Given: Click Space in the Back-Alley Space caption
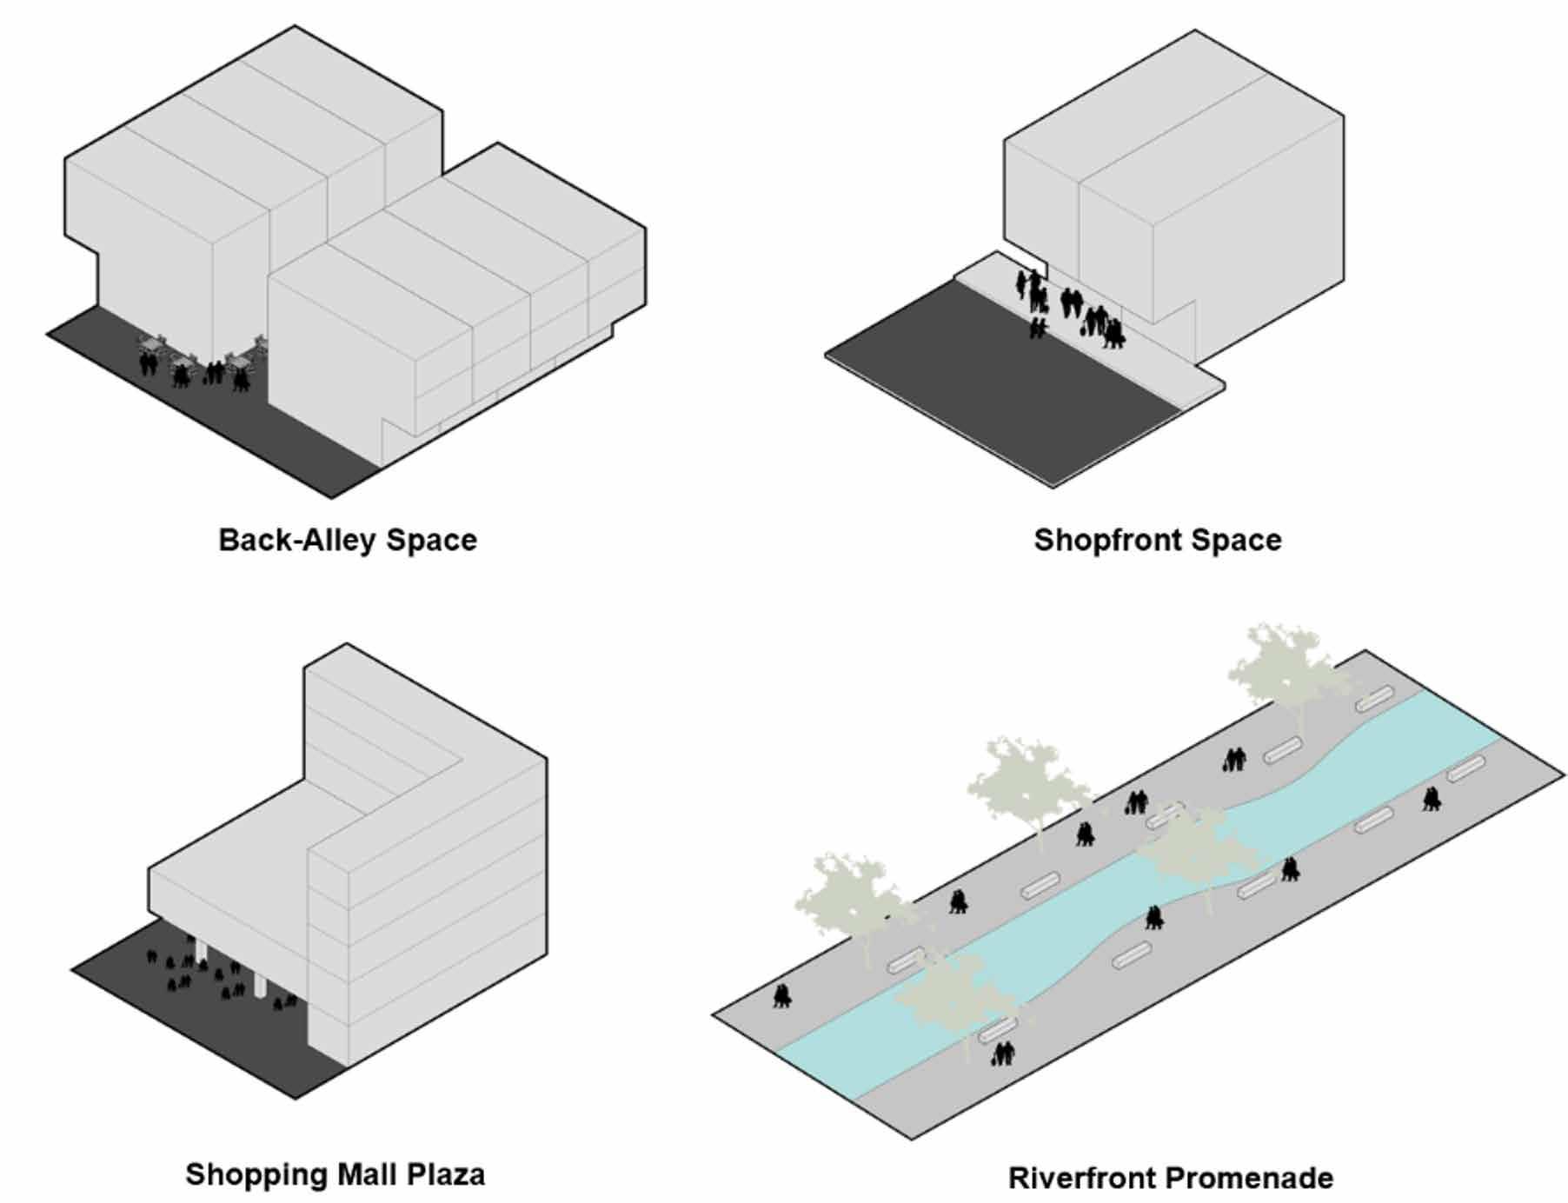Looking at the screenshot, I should tap(432, 540).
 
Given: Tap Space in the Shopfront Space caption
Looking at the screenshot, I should tap(1236, 540).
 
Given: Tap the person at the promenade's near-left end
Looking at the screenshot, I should tap(782, 996).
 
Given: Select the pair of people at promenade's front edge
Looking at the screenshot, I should tap(1004, 1054).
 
